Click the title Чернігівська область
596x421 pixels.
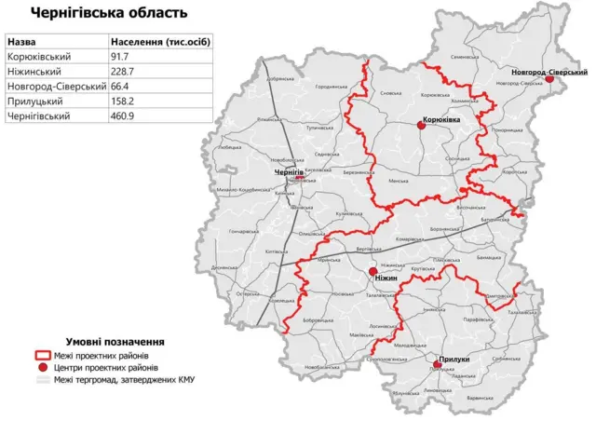(108, 13)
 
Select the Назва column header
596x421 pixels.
(24, 42)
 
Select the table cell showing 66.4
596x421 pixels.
(120, 86)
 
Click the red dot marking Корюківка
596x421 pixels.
(421, 127)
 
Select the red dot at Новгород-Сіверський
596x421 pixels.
(549, 79)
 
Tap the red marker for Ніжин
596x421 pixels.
(373, 271)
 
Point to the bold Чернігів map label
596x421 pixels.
(289, 173)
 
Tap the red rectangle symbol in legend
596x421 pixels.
(41, 356)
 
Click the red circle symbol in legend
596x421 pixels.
(41, 368)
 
